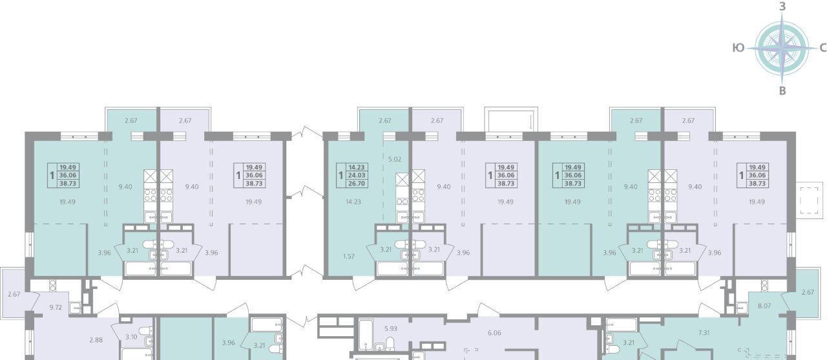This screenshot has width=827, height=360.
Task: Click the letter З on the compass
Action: (782, 7)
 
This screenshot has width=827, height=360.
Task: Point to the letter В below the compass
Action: (782, 91)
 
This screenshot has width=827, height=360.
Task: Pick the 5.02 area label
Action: (395, 160)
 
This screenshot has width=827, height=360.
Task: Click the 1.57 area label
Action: (348, 256)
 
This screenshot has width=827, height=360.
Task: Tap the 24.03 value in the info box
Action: (356, 175)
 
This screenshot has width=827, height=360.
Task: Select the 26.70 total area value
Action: (356, 184)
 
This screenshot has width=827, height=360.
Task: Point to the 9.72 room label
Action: (56, 307)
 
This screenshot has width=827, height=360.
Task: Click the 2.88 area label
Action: (96, 340)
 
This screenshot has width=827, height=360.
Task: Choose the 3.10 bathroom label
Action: (131, 337)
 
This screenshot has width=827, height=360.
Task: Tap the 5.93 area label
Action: (391, 328)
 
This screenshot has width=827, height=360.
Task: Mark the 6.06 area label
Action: (494, 333)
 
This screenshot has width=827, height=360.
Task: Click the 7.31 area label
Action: (704, 333)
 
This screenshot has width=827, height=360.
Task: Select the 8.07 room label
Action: (764, 306)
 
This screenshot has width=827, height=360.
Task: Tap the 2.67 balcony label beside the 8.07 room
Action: (808, 292)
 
